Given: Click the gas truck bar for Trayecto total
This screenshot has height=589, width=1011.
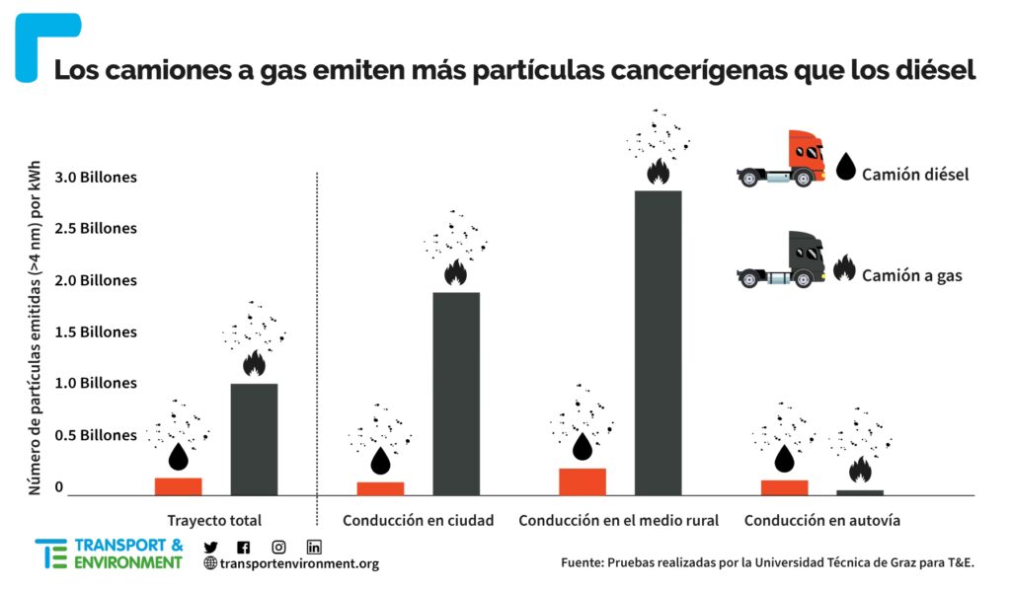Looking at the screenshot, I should (254, 439).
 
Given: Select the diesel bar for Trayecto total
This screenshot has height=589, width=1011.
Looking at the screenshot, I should (178, 486).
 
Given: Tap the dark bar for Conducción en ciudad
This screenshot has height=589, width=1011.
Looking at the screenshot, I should (455, 394).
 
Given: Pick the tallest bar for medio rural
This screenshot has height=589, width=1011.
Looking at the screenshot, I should (658, 342).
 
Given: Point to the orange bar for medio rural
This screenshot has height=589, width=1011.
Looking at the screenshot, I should (583, 481).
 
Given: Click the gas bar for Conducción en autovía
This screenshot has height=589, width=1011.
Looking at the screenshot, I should (860, 491).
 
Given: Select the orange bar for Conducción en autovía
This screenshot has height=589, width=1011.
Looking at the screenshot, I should (785, 487).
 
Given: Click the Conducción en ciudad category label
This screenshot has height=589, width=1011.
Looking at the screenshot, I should (418, 520).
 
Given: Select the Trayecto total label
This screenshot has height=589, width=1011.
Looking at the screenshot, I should (214, 520).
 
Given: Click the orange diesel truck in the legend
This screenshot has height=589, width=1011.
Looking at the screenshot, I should (781, 160).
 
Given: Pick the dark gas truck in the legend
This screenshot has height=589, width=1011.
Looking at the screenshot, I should (781, 260).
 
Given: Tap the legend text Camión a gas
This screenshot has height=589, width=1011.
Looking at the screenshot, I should (911, 276).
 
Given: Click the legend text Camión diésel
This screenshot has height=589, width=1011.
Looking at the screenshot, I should (914, 175).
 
